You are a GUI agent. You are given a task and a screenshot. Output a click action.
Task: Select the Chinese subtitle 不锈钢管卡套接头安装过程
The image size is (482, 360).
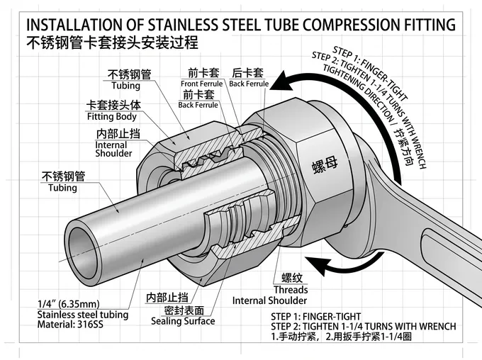tap(111, 44)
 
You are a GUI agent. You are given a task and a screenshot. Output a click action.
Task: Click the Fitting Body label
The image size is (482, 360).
tap(111, 116)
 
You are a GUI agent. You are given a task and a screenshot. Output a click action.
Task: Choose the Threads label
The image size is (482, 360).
tap(291, 289)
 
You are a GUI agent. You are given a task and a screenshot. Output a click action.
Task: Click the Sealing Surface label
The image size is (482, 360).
tap(183, 321)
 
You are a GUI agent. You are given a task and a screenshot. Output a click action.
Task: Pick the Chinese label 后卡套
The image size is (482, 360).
tap(247, 72)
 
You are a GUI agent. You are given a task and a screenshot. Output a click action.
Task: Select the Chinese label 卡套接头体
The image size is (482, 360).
tap(113, 105)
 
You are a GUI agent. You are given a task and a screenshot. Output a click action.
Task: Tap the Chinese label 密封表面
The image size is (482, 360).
tap(185, 310)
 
